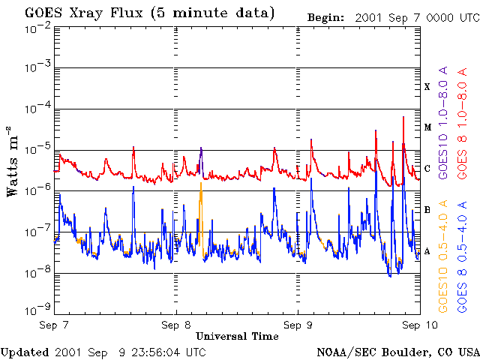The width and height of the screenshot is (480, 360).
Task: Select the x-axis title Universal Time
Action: click(x=237, y=336)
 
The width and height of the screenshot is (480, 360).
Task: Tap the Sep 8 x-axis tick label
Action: click(x=176, y=325)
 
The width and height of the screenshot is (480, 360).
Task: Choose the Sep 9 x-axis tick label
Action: click(x=298, y=325)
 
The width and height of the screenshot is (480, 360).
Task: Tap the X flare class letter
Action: click(x=427, y=87)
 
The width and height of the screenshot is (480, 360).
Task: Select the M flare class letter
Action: click(x=427, y=127)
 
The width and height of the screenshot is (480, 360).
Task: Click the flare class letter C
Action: click(x=427, y=169)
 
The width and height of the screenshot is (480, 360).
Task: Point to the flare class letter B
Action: click(x=427, y=210)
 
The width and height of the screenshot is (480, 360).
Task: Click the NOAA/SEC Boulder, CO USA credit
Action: click(x=397, y=352)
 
